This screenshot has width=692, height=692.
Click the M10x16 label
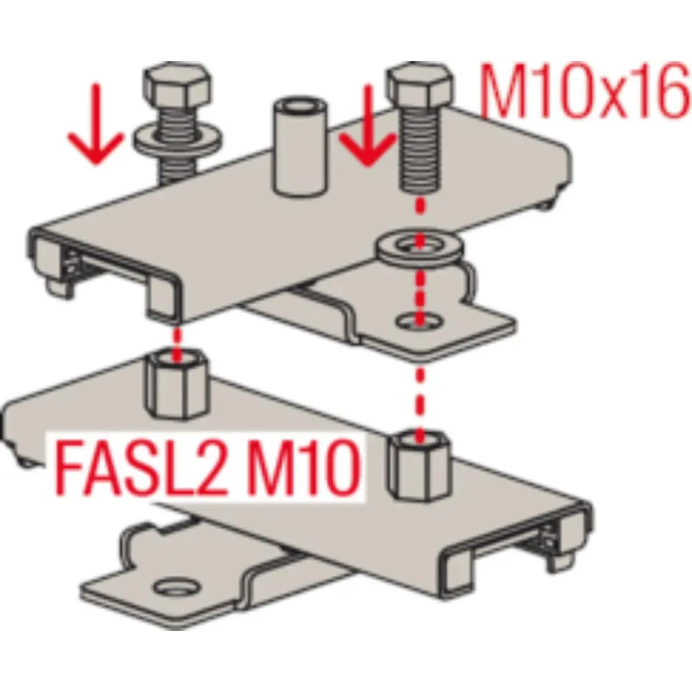pyautogui.click(x=584, y=91)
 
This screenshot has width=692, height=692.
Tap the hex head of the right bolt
pyautogui.click(x=420, y=86)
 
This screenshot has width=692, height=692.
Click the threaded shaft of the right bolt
pyautogui.click(x=420, y=150)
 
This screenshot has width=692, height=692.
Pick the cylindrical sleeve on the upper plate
pyautogui.click(x=300, y=147)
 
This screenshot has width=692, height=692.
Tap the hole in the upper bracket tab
pyautogui.click(x=421, y=320)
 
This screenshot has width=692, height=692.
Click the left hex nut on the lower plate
pyautogui.click(x=176, y=384)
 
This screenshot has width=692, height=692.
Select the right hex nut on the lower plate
pyautogui.click(x=420, y=466)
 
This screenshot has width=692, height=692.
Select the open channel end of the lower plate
pyautogui.click(x=516, y=548)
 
